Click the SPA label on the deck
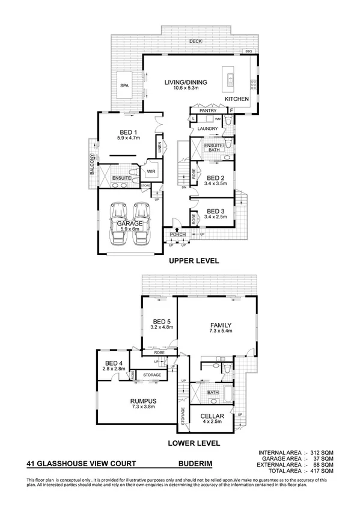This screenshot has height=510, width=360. click(124, 86)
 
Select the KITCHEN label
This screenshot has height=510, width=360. click(236, 99)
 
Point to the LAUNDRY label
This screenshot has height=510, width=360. click(207, 128)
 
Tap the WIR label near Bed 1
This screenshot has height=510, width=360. click(151, 171)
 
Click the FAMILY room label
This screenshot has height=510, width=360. click(219, 325)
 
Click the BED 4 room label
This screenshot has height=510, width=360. click(114, 363)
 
